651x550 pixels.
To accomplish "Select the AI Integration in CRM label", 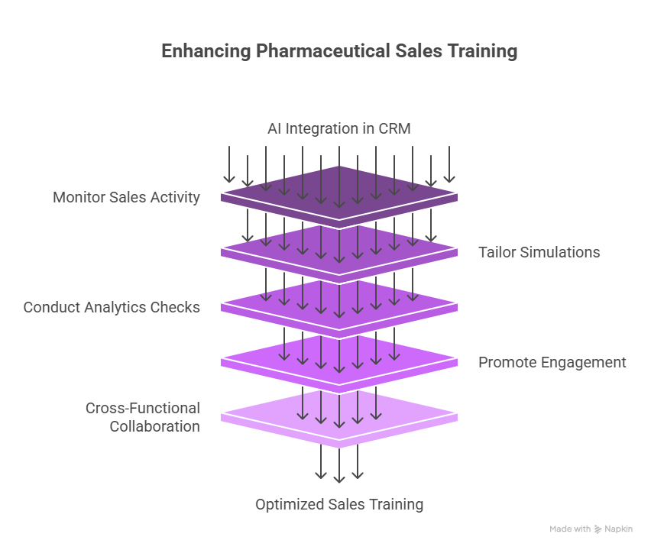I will click(x=338, y=128).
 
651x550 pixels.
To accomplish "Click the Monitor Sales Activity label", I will click(x=126, y=197).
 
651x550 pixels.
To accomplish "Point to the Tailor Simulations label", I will click(x=539, y=252).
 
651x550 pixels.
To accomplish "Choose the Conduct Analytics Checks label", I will click(x=112, y=307).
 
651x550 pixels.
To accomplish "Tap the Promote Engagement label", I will click(x=552, y=362).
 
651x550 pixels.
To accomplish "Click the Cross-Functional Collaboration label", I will click(x=143, y=417).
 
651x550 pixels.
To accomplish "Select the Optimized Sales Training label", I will click(x=338, y=504).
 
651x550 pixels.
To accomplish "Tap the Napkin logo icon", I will click(x=598, y=529).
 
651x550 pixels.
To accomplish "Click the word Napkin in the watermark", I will click(x=618, y=529).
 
